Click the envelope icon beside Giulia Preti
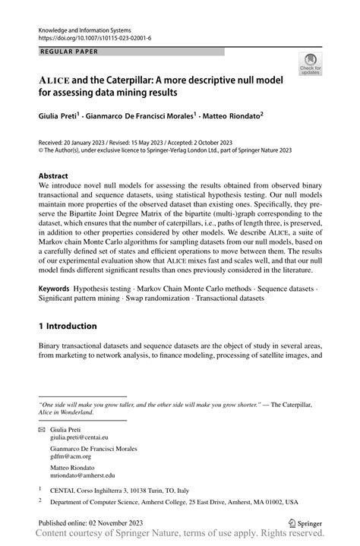tap(43, 429)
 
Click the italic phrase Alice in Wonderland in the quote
tap(67, 413)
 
